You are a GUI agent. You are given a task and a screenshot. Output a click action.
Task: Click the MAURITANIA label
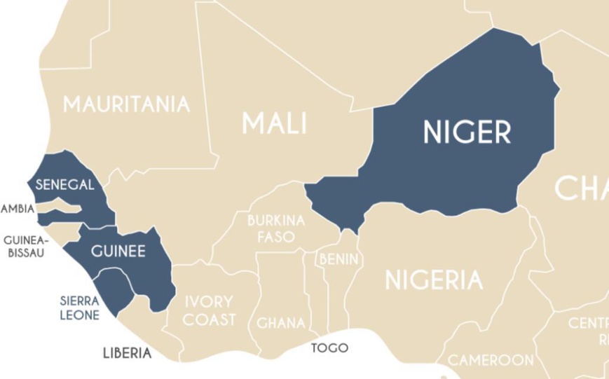click(126, 104)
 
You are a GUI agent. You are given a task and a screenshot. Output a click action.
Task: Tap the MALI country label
click(274, 124)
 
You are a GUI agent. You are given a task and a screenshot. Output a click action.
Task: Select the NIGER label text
click(467, 132)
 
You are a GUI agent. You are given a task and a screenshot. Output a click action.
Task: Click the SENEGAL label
click(64, 185)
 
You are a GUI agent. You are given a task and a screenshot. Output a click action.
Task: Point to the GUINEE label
click(118, 251)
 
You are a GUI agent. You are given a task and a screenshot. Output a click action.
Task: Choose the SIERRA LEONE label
click(79, 308)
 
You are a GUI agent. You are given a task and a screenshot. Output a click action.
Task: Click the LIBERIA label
click(127, 352)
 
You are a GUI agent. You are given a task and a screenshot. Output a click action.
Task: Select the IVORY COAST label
click(209, 310)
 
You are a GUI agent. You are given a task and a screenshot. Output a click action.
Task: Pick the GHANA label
click(280, 323)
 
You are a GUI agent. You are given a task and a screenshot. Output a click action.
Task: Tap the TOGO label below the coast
click(329, 348)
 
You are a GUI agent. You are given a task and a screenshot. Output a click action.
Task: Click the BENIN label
click(339, 259)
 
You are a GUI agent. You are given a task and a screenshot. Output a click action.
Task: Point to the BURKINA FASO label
click(275, 228)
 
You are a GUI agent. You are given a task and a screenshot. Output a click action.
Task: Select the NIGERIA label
click(434, 280)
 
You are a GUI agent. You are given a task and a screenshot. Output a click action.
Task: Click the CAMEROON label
click(491, 360)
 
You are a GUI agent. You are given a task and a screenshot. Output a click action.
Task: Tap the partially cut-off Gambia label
click(16, 209)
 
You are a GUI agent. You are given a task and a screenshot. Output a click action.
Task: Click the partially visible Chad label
click(581, 188)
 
